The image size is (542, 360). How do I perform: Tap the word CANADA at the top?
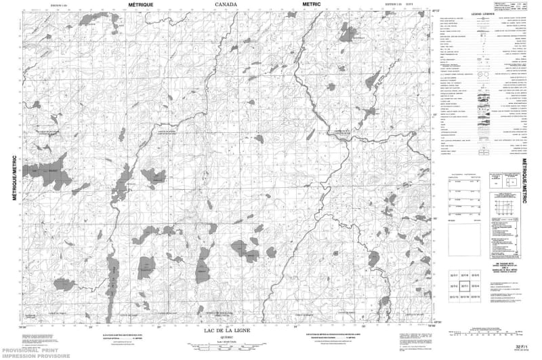tap(226, 4)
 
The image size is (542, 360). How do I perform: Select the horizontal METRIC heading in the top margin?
tap(311, 4)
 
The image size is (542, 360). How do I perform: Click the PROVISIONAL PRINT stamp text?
tap(27, 348)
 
